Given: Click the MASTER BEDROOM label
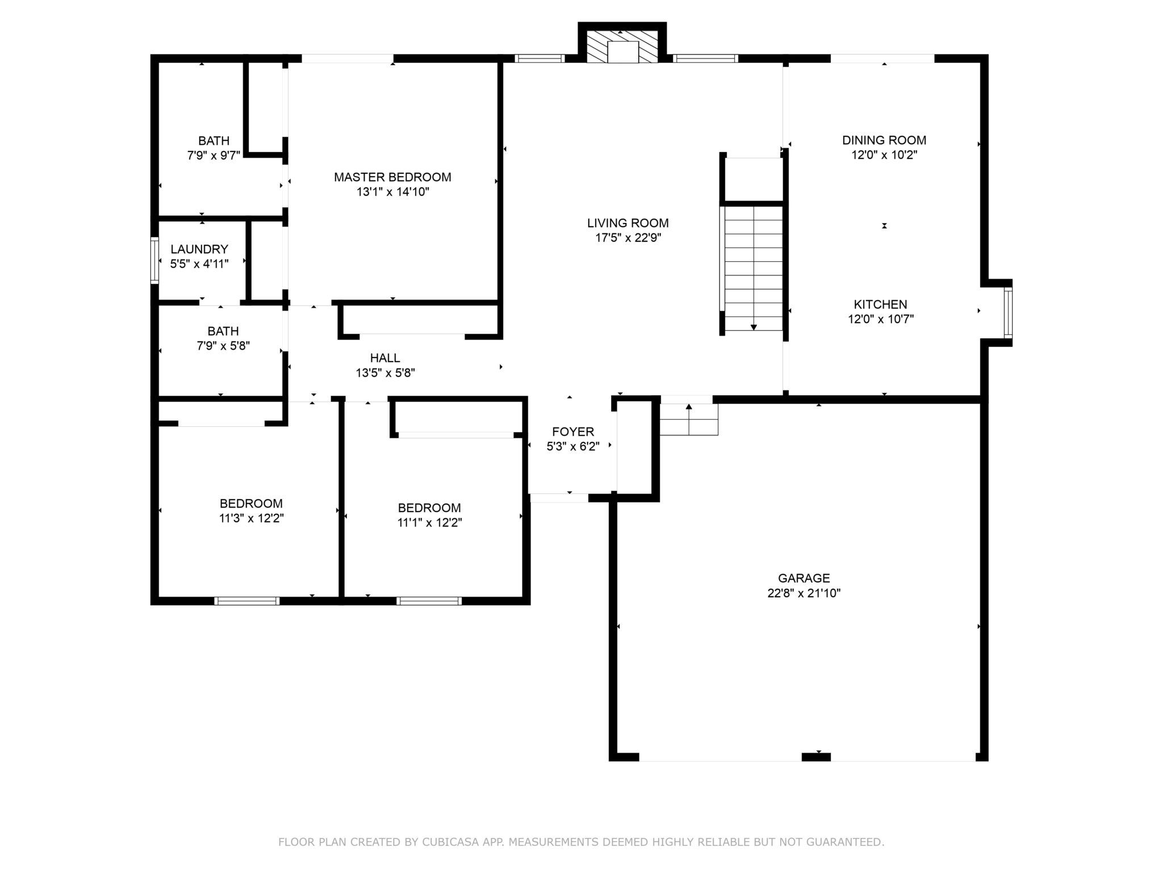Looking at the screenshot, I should [392, 177].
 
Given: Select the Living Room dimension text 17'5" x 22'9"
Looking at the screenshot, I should [627, 238].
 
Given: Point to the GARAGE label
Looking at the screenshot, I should [804, 578].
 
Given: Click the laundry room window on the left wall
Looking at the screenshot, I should [154, 261].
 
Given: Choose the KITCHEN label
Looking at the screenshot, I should [880, 304].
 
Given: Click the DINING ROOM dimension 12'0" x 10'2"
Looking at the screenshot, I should [884, 155].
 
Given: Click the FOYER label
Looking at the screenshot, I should [572, 431].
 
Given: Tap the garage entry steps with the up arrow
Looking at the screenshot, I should [689, 419].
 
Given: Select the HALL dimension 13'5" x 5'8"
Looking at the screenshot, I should [385, 373].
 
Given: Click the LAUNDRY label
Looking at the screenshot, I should [199, 249].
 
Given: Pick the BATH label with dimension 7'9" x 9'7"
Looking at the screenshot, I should [214, 141].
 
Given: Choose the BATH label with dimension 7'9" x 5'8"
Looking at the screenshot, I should [223, 331].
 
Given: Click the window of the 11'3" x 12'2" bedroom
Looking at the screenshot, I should [247, 601].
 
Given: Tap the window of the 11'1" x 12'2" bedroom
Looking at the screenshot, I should [429, 601].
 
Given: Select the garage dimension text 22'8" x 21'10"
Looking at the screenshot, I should [804, 593].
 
